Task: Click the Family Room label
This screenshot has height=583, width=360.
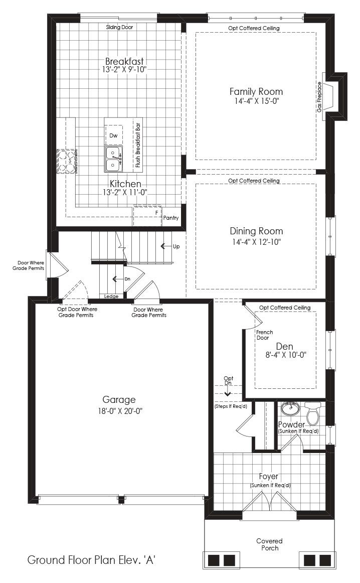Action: pyautogui.click(x=256, y=91)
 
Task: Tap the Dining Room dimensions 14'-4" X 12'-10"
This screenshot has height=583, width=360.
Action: pyautogui.click(x=256, y=242)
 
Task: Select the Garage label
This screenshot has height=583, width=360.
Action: pyautogui.click(x=119, y=400)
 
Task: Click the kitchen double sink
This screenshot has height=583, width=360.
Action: pyautogui.click(x=113, y=159)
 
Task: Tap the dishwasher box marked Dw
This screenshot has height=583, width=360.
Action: pyautogui.click(x=114, y=135)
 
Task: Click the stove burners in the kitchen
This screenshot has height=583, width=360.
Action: pyautogui.click(x=67, y=162)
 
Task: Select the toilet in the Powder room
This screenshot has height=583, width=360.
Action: pyautogui.click(x=312, y=413)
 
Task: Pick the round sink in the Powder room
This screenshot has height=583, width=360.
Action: pyautogui.click(x=290, y=408)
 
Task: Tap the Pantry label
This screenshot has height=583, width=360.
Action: pyautogui.click(x=171, y=218)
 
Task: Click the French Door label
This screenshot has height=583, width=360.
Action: pyautogui.click(x=265, y=335)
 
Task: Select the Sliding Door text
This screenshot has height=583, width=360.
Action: pyautogui.click(x=119, y=27)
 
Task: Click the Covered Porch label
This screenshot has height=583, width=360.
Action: pyautogui.click(x=270, y=544)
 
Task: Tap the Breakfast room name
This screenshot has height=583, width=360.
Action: pyautogui.click(x=124, y=61)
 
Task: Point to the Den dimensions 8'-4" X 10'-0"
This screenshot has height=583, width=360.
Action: pyautogui.click(x=286, y=355)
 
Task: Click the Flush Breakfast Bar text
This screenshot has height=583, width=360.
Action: pyautogui.click(x=138, y=145)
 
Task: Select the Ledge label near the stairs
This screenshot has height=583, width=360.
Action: pyautogui.click(x=111, y=297)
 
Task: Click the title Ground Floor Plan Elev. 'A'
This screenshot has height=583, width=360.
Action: pyautogui.click(x=91, y=560)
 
